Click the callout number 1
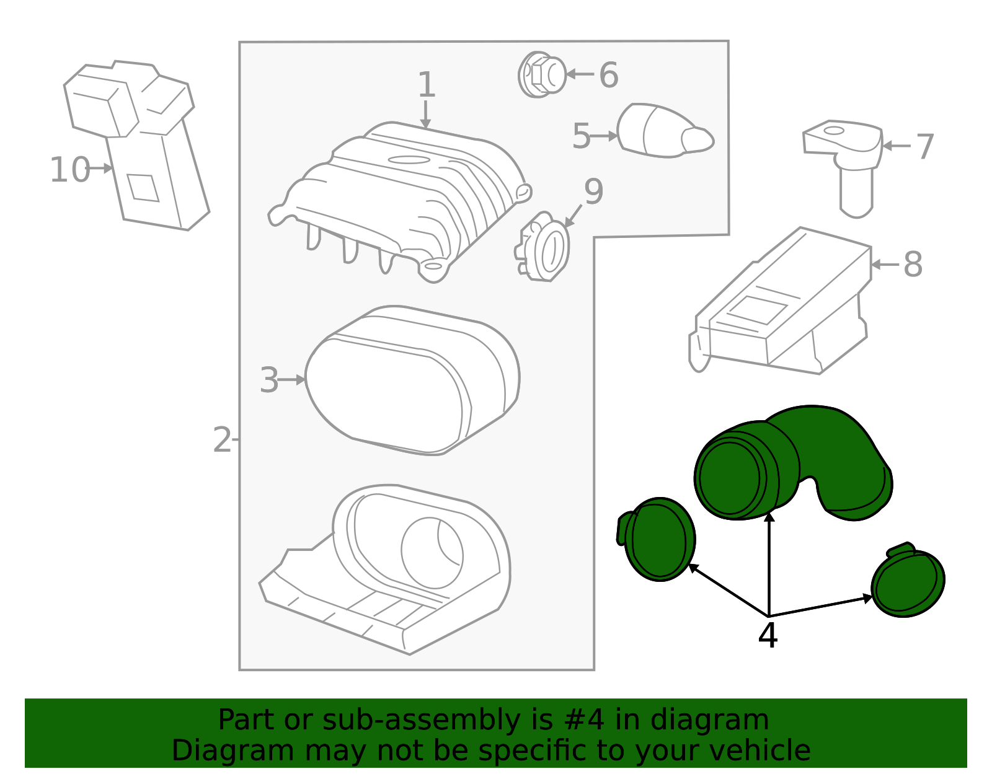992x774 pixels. click(427, 84)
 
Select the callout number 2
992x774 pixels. click(223, 440)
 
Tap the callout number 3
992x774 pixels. click(269, 380)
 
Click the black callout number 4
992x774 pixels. click(768, 635)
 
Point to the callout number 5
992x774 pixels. click(581, 136)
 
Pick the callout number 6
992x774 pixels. click(609, 74)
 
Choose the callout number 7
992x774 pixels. click(925, 146)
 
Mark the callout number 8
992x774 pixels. click(913, 264)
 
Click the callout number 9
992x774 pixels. click(593, 191)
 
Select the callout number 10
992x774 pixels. click(70, 170)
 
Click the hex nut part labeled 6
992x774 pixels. click(542, 74)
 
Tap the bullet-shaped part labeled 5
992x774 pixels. click(665, 130)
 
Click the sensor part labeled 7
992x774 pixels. click(843, 168)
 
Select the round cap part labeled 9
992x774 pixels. click(542, 247)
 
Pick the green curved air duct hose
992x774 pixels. click(793, 463)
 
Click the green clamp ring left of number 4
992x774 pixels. click(657, 540)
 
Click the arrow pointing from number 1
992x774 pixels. click(425, 115)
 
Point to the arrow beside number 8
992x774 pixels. click(885, 264)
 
